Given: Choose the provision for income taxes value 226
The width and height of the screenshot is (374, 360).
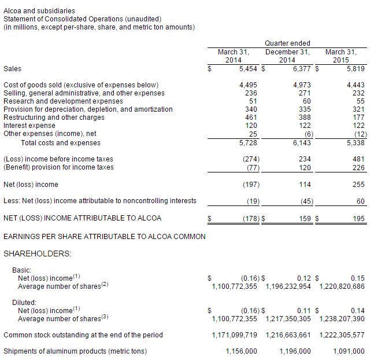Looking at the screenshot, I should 358,167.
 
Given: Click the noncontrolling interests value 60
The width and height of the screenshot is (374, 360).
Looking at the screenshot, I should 360,201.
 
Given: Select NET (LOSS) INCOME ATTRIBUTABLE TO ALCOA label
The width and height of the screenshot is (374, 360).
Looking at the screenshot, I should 83,218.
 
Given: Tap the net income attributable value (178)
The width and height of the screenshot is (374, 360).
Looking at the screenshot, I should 249,218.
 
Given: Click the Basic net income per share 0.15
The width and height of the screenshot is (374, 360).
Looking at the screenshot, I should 358,278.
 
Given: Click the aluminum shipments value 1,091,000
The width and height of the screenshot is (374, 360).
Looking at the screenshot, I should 349,351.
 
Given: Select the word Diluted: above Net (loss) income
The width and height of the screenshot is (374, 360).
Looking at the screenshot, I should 24,302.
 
